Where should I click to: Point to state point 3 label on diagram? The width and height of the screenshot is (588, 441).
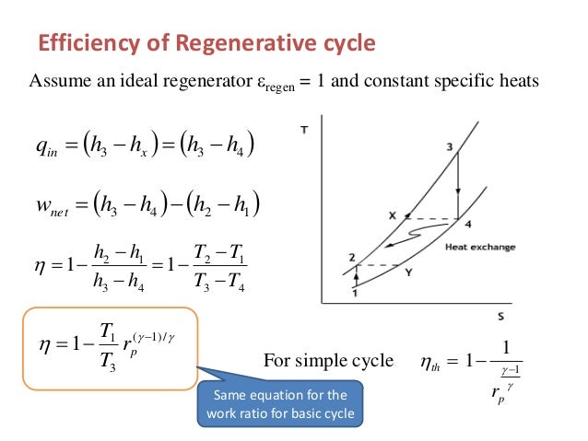(x=449, y=147)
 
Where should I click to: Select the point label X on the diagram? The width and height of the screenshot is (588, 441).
(x=392, y=215)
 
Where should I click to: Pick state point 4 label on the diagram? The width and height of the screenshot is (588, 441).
(x=467, y=224)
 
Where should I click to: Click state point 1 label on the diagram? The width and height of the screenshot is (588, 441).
(x=354, y=292)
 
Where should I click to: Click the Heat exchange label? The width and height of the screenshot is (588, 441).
(x=479, y=247)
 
